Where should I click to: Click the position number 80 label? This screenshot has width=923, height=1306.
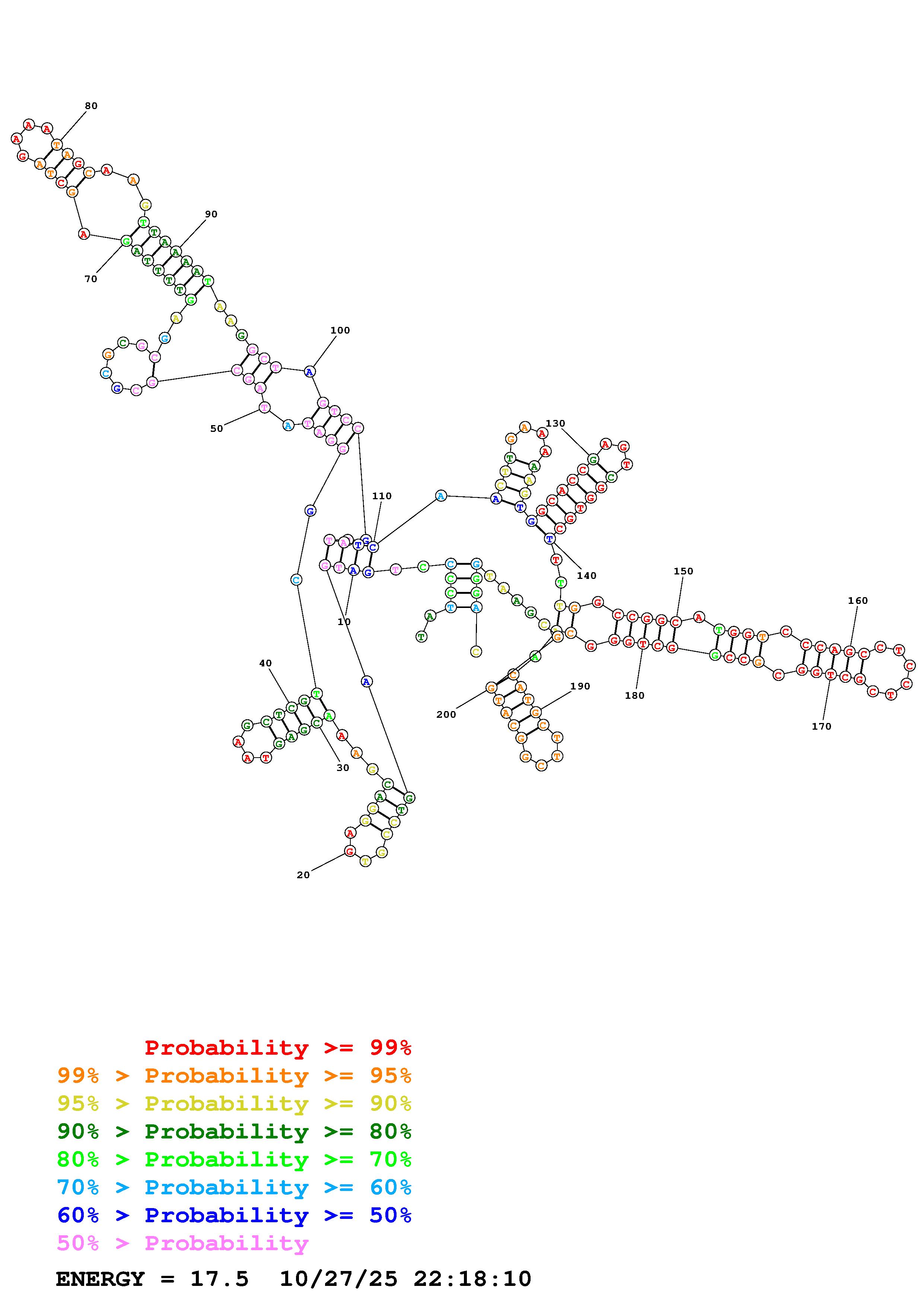[91, 106]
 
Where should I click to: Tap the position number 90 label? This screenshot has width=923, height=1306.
[211, 214]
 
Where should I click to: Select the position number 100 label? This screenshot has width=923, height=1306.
[340, 331]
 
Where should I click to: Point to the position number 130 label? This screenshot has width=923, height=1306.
[555, 423]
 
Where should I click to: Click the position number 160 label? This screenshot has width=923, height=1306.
[857, 601]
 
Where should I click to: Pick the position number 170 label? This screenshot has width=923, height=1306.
[821, 726]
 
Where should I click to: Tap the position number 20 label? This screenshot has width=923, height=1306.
[303, 875]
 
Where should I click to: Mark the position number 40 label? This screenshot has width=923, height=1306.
[265, 663]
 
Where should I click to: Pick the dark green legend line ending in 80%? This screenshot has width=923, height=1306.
[234, 1131]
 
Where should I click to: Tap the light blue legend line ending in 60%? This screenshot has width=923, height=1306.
[234, 1188]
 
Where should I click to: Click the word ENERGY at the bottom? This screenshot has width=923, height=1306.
[100, 1279]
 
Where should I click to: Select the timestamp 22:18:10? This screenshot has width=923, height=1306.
[472, 1279]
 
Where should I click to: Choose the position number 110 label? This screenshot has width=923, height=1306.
[382, 496]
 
